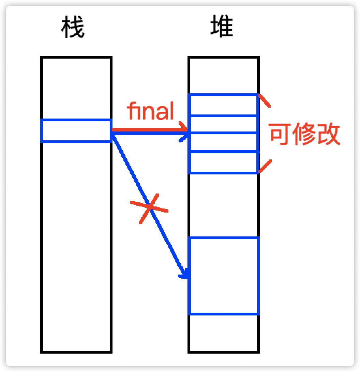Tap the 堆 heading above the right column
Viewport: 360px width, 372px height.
[222, 28]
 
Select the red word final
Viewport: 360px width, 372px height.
[150, 111]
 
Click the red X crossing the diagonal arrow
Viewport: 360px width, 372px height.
[149, 208]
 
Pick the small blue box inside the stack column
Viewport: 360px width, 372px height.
[76, 130]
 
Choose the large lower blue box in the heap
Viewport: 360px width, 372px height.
[224, 276]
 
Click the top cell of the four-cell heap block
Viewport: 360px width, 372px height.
[223, 105]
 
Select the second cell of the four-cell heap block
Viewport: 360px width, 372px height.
[223, 124]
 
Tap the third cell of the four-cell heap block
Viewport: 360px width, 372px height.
[223, 142]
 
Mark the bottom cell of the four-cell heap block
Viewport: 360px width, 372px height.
[223, 162]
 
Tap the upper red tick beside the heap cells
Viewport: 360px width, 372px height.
[265, 101]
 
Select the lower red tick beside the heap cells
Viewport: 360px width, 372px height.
[265, 166]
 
